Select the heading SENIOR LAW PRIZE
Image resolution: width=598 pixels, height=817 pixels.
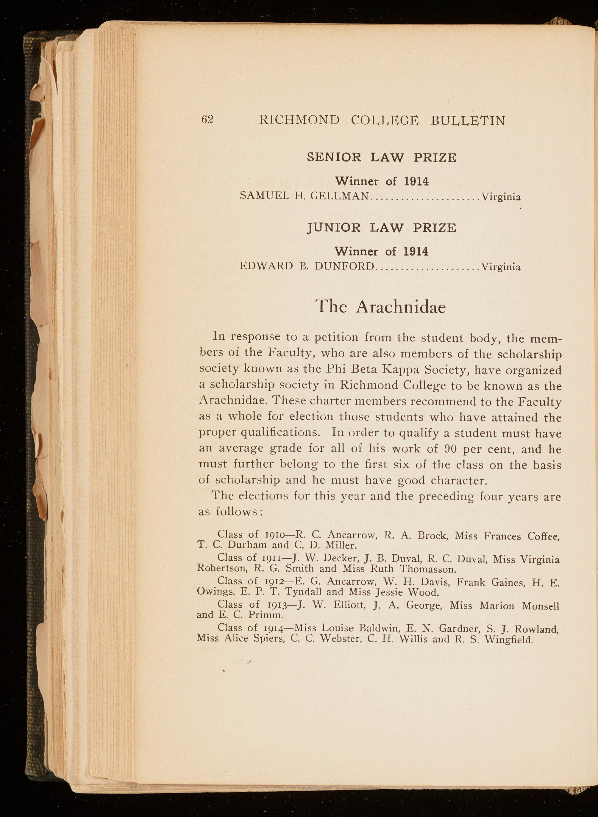(382, 158)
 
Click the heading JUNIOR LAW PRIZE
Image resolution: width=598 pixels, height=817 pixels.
(382, 228)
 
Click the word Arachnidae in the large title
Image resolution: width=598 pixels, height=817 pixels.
(401, 308)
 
